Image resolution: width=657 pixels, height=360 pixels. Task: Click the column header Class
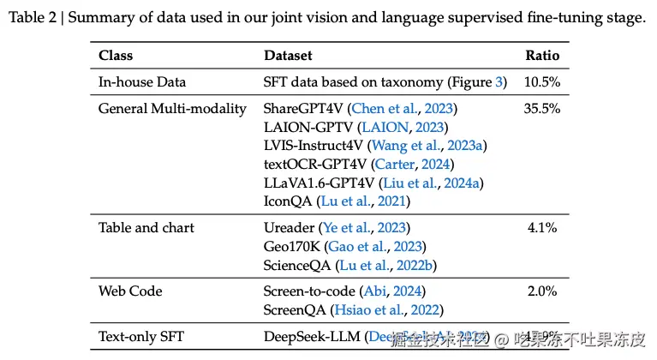[116, 56]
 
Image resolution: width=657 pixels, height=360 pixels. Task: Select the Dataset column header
[288, 56]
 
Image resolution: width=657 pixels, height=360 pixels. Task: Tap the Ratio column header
[542, 56]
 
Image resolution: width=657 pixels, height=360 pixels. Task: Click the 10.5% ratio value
[542, 82]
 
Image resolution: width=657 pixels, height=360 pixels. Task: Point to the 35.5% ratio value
[542, 109]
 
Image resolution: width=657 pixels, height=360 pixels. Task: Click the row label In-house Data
[142, 82]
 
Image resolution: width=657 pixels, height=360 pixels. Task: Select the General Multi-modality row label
[172, 109]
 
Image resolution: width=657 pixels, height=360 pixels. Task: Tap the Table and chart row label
[146, 228]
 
